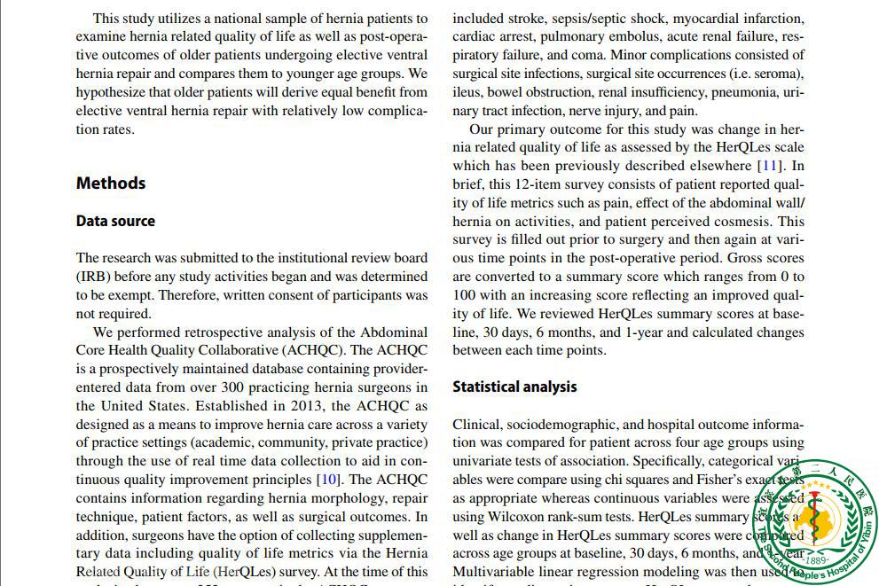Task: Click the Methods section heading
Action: click(111, 184)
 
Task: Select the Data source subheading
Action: click(115, 222)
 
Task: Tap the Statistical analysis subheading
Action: click(514, 387)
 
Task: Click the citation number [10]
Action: click(328, 480)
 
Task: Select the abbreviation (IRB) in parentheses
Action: click(92, 277)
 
